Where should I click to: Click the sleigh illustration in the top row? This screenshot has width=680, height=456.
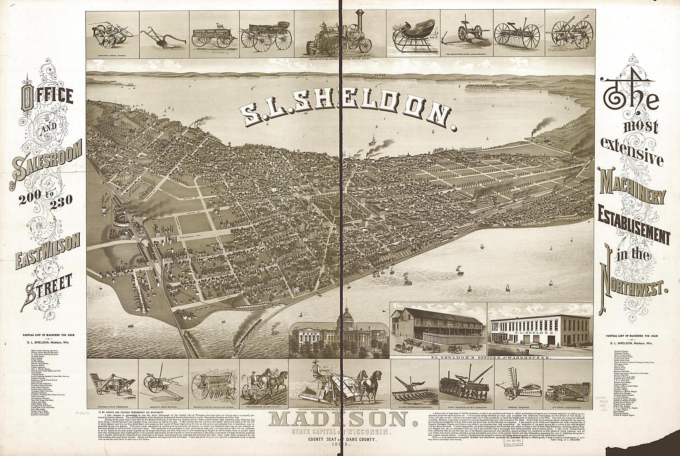(412, 37)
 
